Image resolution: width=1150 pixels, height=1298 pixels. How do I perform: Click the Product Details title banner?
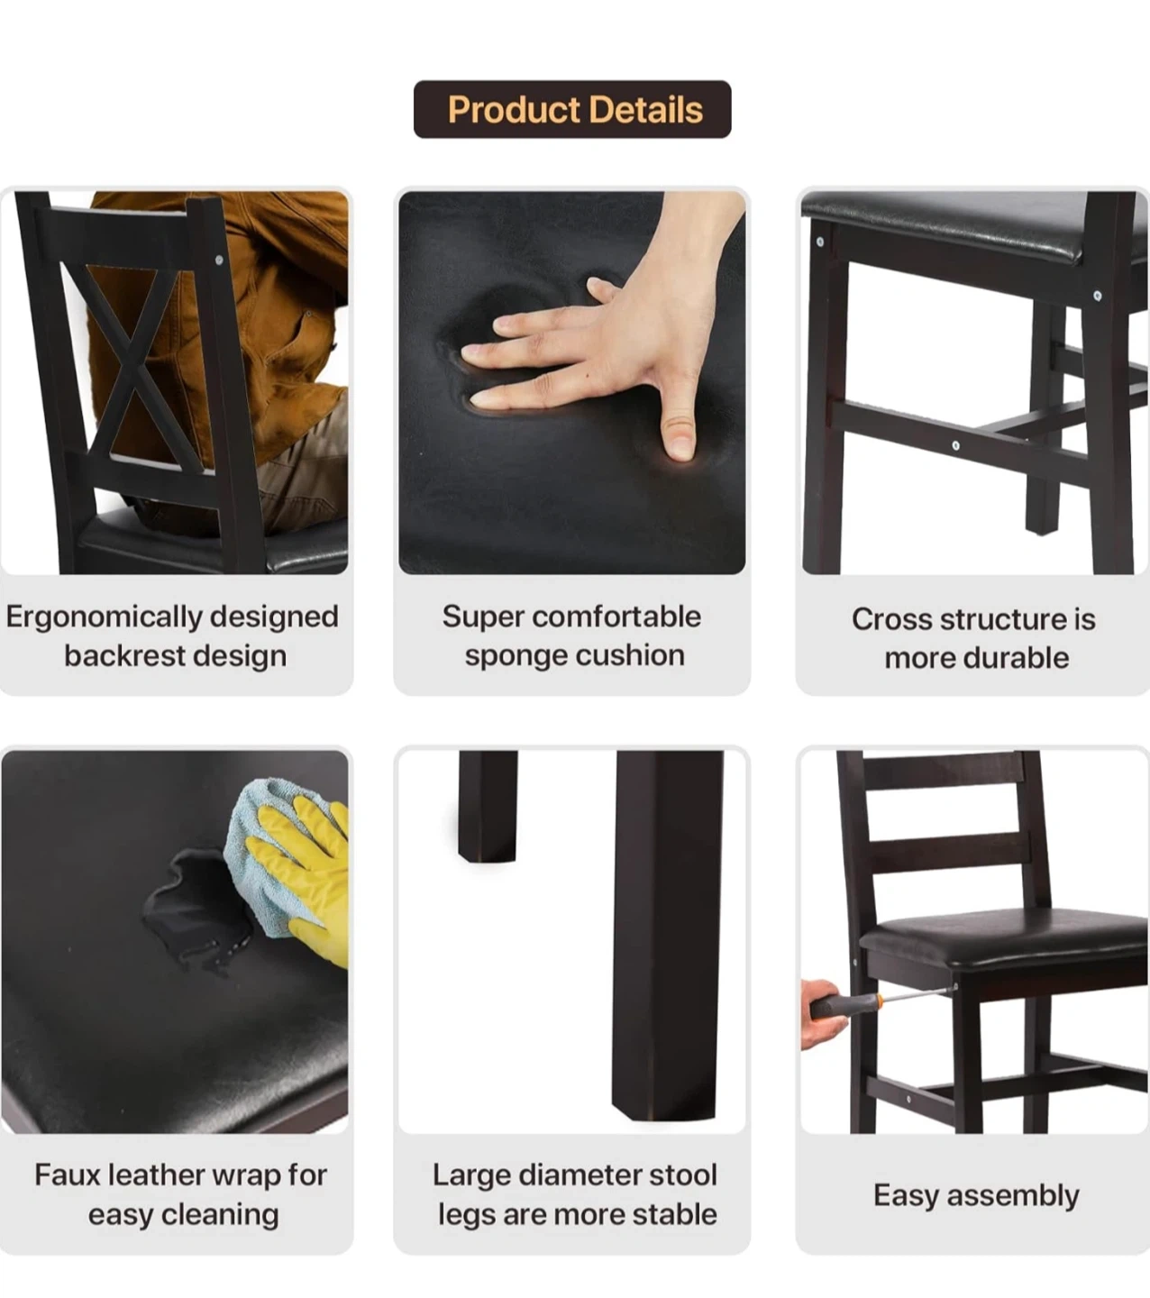(x=572, y=109)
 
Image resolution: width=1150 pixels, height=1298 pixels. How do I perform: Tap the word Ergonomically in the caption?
(x=103, y=617)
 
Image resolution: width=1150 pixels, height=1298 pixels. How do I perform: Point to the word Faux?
(x=68, y=1175)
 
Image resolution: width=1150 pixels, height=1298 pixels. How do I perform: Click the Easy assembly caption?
(x=976, y=1196)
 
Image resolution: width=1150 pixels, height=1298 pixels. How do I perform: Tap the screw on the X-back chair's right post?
(x=219, y=261)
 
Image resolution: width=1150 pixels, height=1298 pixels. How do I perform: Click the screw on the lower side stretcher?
(x=955, y=445)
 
